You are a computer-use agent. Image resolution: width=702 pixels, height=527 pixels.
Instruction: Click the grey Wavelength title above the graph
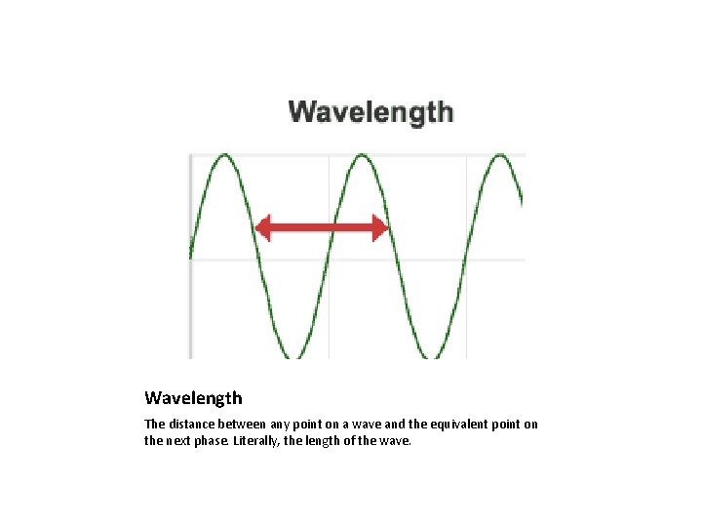click(370, 111)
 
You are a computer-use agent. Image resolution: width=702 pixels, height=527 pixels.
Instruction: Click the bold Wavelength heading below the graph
click(193, 398)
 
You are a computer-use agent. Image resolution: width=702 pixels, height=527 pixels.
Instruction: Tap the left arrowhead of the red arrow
click(261, 229)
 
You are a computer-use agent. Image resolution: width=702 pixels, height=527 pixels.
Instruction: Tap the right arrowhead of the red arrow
click(381, 229)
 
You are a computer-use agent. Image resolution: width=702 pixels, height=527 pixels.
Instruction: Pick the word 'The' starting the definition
click(155, 425)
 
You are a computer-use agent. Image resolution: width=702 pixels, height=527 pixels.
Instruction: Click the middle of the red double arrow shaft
click(322, 229)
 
